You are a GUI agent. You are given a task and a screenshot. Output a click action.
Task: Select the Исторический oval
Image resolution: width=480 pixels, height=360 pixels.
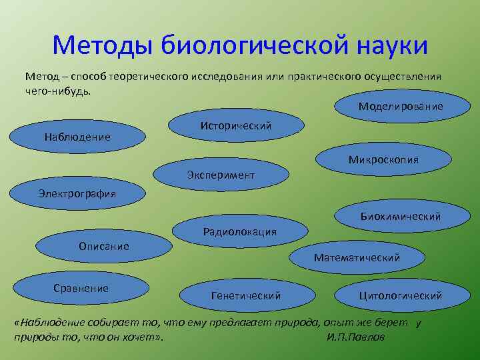point(236,126)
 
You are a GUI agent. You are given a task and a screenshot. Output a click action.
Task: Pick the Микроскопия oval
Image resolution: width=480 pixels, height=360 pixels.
point(383,160)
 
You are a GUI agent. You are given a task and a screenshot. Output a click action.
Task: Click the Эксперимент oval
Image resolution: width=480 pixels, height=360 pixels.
point(221,175)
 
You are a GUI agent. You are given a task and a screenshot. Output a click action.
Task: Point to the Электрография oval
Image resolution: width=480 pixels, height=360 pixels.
point(77,194)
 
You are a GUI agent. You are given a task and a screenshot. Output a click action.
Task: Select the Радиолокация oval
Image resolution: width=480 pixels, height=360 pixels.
point(239,231)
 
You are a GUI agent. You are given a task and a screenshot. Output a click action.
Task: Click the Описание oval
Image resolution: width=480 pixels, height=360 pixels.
point(104,246)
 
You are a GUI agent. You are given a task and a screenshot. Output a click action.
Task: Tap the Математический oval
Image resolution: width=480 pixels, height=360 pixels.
point(357,257)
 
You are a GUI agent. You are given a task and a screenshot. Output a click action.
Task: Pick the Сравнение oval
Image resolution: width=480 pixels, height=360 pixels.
point(81,288)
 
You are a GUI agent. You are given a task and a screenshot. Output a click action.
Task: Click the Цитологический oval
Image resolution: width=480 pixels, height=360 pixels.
point(400,295)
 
